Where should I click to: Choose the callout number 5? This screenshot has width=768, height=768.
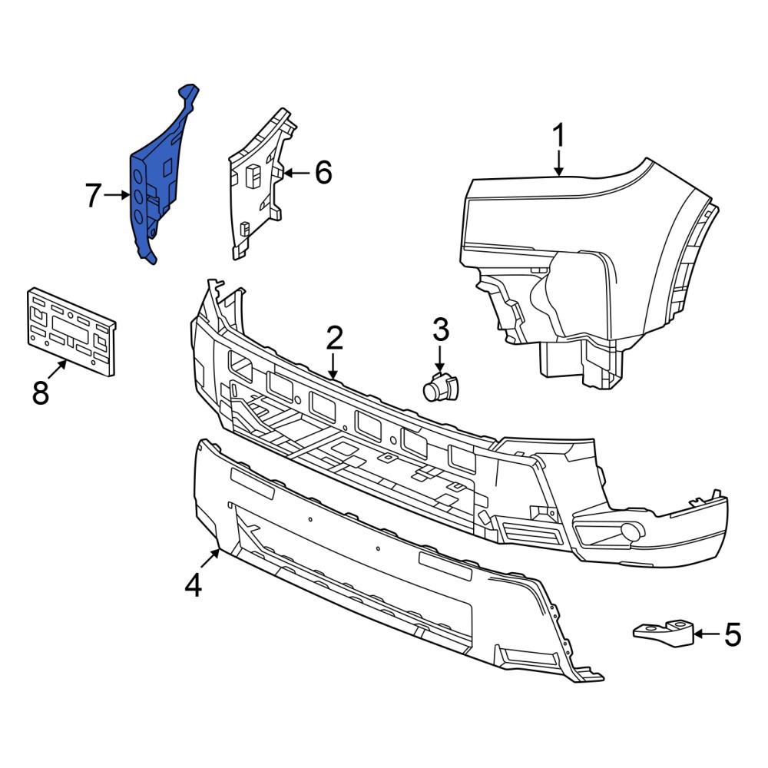pos(732,635)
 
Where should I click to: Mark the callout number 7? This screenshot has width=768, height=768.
pos(93,195)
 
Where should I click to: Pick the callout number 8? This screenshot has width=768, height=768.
pos(41,392)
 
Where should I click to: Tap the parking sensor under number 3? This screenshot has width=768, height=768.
pos(439,386)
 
